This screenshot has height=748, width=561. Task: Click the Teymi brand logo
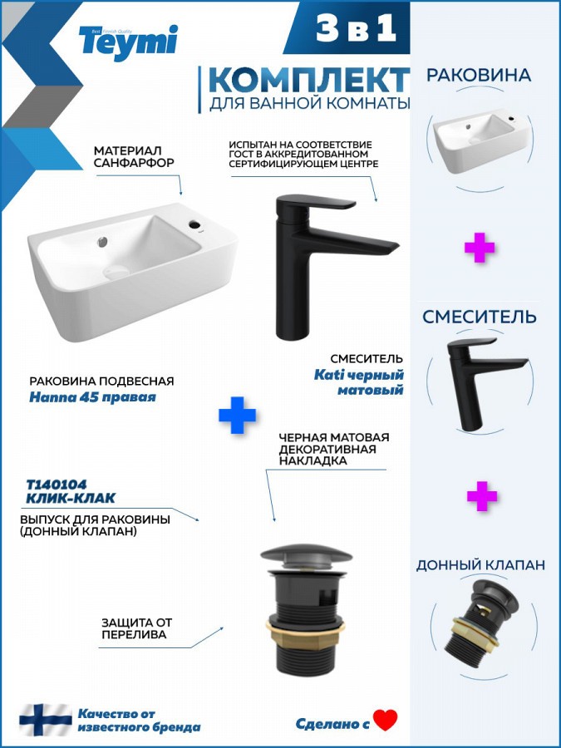click(x=128, y=42)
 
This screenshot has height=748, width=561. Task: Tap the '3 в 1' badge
click(x=356, y=28)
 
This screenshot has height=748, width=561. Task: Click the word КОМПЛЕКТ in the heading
click(x=308, y=80)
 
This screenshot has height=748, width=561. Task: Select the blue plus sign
click(x=237, y=415)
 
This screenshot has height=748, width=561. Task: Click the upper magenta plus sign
click(x=480, y=248)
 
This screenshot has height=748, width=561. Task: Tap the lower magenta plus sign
click(x=482, y=496)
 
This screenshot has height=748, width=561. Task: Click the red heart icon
click(x=386, y=721)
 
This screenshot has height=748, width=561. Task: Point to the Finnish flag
click(x=46, y=720)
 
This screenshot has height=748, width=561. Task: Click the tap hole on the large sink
click(x=195, y=224)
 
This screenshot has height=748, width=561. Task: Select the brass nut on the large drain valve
click(x=305, y=626)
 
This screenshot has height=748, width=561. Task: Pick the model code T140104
click(x=57, y=485)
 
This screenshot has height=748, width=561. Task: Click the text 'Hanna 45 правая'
click(x=92, y=397)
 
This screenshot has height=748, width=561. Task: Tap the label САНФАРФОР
click(x=134, y=163)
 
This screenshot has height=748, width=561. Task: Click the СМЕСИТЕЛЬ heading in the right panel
click(x=480, y=317)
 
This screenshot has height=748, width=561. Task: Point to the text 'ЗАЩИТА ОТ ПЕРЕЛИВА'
click(x=136, y=628)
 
